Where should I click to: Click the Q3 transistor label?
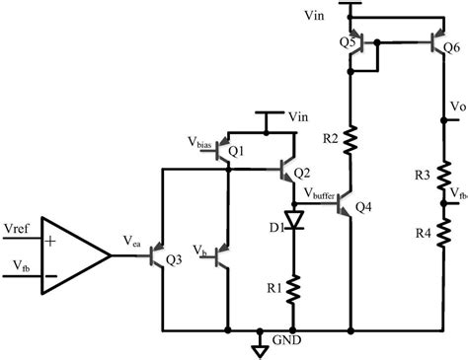tap(175, 260)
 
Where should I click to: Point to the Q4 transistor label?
tap(364, 207)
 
